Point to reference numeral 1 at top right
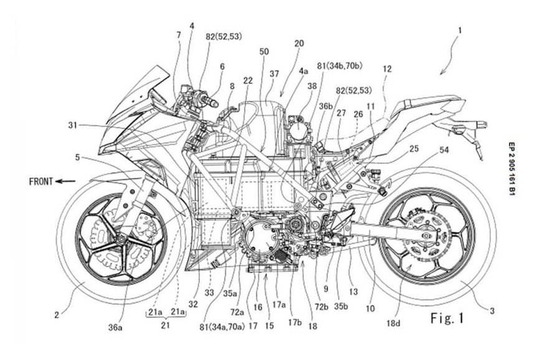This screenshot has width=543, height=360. coord(459,29)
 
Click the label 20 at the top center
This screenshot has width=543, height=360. coord(300,44)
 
